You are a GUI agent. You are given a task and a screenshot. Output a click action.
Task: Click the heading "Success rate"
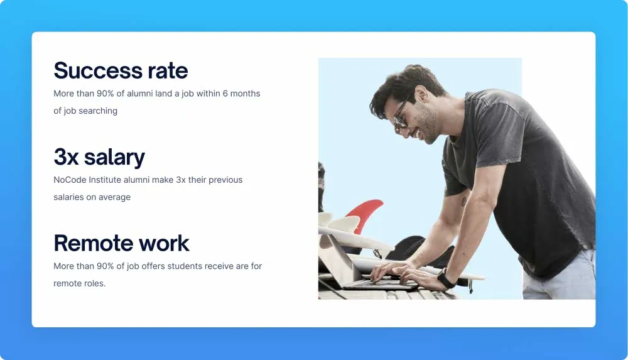(x=121, y=70)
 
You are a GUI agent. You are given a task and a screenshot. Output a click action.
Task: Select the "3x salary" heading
(x=99, y=156)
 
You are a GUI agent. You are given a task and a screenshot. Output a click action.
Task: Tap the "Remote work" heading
(x=121, y=243)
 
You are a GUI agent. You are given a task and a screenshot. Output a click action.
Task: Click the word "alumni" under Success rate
(x=140, y=94)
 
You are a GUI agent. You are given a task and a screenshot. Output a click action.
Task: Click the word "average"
(x=114, y=197)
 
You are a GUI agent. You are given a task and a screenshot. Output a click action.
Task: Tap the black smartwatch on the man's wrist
(x=446, y=278)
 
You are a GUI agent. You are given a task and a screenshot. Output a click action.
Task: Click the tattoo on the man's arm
(x=464, y=201)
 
